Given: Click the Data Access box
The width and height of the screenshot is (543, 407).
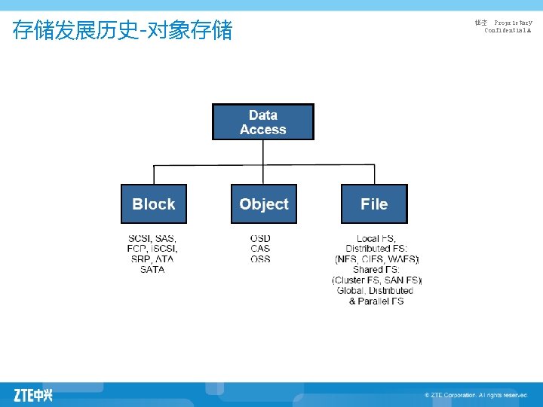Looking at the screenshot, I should pos(262,122).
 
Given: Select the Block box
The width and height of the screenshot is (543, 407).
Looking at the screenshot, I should pos(153,203).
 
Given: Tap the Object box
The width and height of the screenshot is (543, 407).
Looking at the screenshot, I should pos(263,203).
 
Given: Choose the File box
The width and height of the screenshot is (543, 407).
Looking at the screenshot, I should pos(374,203).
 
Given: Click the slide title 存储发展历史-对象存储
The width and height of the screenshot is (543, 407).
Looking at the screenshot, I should pos(123,31).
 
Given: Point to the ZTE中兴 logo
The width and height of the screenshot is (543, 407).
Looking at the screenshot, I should pos(33,394).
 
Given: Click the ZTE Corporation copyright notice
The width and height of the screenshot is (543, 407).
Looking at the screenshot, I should pos(475,395).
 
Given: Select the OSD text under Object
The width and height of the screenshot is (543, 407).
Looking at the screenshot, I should pos(260,238).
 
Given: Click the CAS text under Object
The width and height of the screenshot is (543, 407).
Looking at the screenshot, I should pos(260,249).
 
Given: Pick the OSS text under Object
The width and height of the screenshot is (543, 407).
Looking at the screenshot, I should pos(260,259).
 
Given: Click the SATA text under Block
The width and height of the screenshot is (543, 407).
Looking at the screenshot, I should pos(152,270).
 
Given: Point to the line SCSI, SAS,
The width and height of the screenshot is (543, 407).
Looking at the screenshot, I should pos(152,238).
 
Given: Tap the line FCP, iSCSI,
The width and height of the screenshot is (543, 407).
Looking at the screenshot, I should pos(152,249).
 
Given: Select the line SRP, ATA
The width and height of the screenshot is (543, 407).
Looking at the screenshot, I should pos(152,259).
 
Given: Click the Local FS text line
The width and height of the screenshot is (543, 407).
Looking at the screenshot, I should pos(376,238).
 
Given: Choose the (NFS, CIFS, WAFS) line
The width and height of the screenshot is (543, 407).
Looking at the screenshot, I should pos(376,259).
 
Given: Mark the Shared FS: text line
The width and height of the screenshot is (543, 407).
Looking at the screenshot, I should pos(376,270).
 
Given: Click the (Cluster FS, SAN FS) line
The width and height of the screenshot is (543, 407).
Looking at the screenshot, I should pos(376,280).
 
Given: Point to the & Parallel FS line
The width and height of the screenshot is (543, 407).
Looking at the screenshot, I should pos(376,301).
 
